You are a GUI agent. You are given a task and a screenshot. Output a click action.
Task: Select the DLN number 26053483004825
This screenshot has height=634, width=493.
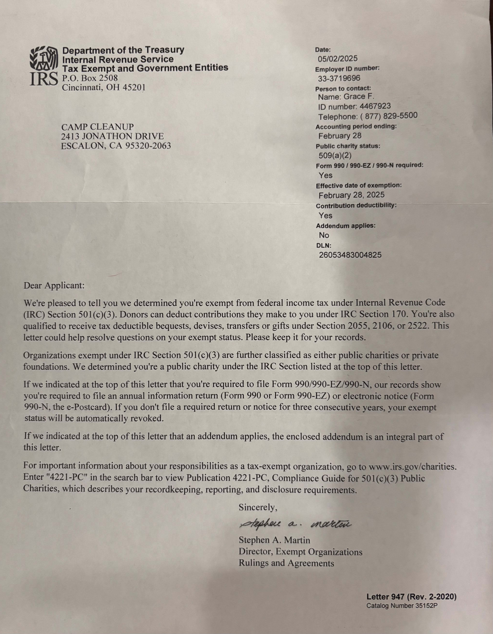pyautogui.click(x=350, y=255)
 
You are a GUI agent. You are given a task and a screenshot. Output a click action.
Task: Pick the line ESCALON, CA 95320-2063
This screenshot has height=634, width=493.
pyautogui.click(x=116, y=146)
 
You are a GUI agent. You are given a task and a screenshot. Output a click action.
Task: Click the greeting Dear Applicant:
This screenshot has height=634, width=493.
pyautogui.click(x=54, y=286)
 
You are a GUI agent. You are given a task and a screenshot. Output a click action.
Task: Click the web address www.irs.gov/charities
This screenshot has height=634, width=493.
pyautogui.click(x=412, y=467)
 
